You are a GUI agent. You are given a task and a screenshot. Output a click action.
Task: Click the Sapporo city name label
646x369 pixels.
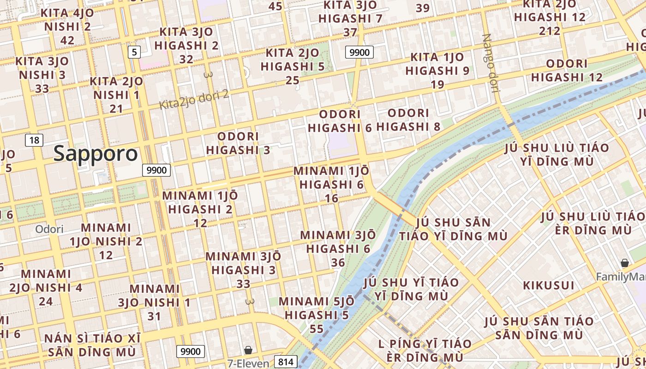pyautogui.click(x=96, y=154)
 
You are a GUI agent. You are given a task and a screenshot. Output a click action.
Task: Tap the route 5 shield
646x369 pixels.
pyautogui.click(x=134, y=52)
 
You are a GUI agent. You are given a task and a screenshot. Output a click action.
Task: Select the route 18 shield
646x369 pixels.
pyautogui.click(x=34, y=140)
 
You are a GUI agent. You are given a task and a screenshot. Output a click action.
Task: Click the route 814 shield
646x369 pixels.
pyautogui.click(x=286, y=362)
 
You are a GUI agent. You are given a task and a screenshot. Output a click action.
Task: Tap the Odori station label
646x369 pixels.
pyautogui.click(x=49, y=229)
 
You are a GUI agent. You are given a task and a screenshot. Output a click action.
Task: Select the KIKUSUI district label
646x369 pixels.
pyautogui.click(x=549, y=285)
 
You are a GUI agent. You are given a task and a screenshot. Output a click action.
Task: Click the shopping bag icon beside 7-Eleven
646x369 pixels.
pyautogui.click(x=248, y=350)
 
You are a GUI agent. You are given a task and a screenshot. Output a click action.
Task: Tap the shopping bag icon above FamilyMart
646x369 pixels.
pyautogui.click(x=625, y=263)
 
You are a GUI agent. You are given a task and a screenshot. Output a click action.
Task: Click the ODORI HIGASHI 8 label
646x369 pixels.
pyautogui.click(x=408, y=119)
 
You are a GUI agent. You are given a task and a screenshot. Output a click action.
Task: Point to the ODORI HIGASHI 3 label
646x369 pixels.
pyautogui.click(x=238, y=143)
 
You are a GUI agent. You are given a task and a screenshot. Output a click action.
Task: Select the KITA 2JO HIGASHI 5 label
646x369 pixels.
pyautogui.click(x=293, y=66)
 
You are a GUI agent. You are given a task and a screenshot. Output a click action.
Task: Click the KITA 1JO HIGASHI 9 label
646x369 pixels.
pyautogui.click(x=437, y=71)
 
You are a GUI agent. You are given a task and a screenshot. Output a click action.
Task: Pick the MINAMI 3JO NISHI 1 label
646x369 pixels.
pyautogui.click(x=154, y=302)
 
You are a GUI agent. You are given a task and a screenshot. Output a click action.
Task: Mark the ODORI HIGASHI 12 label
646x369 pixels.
pyautogui.click(x=567, y=70)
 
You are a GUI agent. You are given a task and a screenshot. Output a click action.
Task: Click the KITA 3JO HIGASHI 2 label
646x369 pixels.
pyautogui.click(x=186, y=45)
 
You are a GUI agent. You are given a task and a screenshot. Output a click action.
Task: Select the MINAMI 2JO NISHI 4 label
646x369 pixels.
pyautogui.click(x=46, y=287)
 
